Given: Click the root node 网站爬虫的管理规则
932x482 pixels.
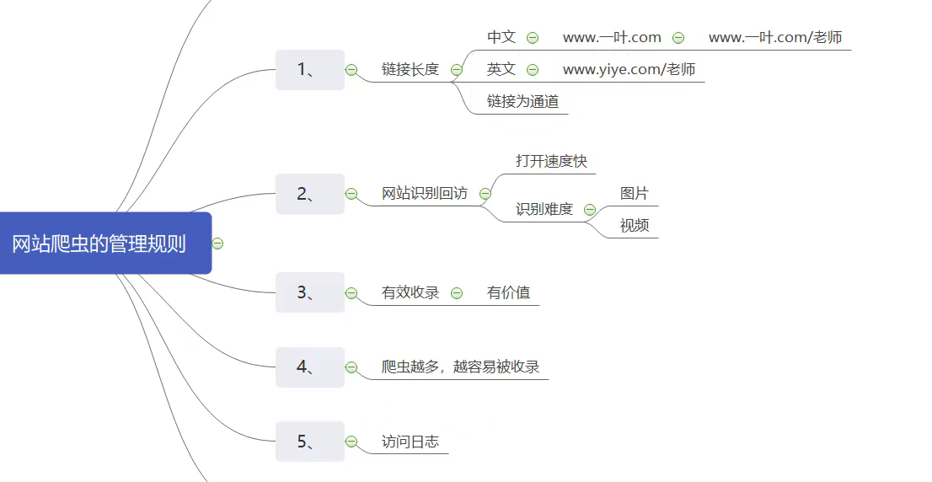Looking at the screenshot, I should point(99,244).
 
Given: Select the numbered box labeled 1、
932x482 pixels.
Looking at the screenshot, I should point(309,70).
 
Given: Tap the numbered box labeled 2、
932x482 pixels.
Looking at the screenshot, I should point(309,194).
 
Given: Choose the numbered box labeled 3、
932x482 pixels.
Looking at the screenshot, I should point(309,292).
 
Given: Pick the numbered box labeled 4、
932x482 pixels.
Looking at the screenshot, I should point(309,367).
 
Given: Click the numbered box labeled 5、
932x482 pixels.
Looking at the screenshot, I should point(309,442).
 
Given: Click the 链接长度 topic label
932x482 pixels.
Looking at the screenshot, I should point(410,70).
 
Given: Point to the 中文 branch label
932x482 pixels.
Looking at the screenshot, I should point(501,37).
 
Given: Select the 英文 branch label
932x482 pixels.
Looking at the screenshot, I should point(501,69).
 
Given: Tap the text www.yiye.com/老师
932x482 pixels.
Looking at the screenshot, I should point(629,69).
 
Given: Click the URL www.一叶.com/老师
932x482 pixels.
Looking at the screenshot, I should point(775,37).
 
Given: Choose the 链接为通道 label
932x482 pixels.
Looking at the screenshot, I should point(522,102).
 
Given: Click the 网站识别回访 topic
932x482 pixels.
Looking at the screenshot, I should point(425,194).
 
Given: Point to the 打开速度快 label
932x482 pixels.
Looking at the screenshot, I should point(551,161).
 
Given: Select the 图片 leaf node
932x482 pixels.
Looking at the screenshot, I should point(635,194).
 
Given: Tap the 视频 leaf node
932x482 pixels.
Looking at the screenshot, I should point(635,226).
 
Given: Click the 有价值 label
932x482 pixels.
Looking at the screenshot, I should point(509,292).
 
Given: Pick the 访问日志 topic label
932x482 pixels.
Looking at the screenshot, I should point(410,442).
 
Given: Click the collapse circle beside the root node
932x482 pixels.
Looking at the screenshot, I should point(217,244).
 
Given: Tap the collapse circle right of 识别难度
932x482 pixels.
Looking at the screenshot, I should point(590,210).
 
